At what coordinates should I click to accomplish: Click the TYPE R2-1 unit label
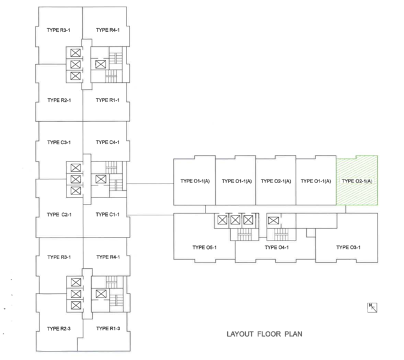tap(59, 100)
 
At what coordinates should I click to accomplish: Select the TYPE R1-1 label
tap(108, 100)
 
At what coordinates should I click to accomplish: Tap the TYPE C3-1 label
tap(59, 142)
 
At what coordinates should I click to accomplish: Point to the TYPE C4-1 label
tap(108, 142)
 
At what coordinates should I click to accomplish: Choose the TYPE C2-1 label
tap(59, 214)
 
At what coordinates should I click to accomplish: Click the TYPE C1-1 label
tap(108, 214)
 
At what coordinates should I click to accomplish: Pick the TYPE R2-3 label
tap(59, 329)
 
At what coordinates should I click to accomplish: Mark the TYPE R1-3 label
tap(108, 329)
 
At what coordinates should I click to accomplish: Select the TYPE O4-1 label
tap(278, 247)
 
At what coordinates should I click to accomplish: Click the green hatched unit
tap(357, 180)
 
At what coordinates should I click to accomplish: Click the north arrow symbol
tap(375, 308)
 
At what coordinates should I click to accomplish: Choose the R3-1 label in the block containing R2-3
tap(59, 257)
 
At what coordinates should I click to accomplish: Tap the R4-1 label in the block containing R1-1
tap(108, 28)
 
